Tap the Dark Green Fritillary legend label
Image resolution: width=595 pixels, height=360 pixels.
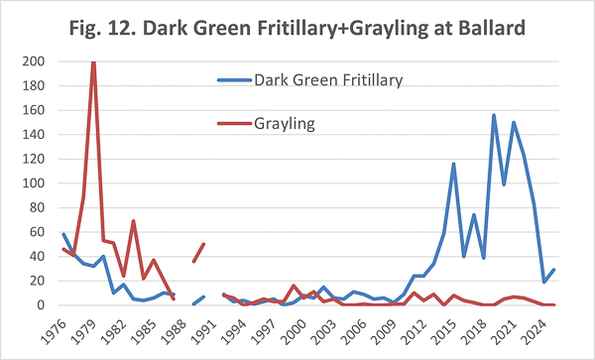pos(328,80)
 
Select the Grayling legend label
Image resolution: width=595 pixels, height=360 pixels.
pos(285,124)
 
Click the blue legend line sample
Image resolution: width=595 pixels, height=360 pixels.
pos(234,80)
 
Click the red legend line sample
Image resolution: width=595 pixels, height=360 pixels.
pos(234,123)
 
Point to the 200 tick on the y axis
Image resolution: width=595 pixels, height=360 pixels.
pos(34,61)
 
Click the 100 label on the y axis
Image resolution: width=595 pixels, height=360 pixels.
pos(34,183)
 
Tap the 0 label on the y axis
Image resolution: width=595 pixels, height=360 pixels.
pos(41,305)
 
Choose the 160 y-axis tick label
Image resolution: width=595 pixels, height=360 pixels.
pos(34,110)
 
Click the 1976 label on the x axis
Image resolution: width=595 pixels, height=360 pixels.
pos(54,332)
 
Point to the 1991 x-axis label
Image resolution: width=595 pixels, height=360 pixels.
pos(203,332)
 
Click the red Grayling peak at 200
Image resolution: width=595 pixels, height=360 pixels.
pos(93,62)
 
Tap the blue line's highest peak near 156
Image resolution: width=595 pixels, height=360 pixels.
pos(494,115)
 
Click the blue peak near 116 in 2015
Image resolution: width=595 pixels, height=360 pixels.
pos(453,164)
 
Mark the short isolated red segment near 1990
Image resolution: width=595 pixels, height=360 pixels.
pos(198,253)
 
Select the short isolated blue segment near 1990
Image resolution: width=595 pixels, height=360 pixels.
pos(198,300)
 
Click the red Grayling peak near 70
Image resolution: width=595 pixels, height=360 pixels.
pos(133,221)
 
